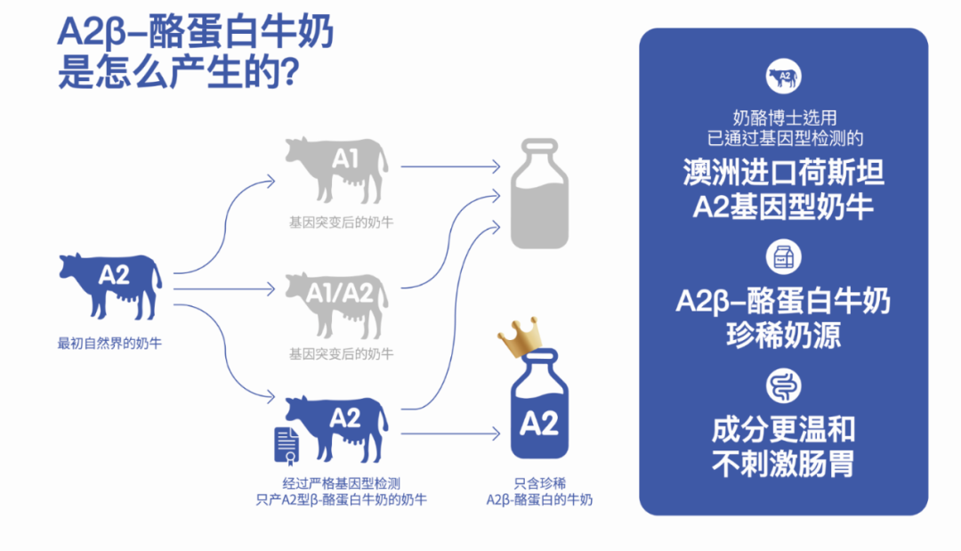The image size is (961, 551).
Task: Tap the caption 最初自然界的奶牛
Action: coord(109,343)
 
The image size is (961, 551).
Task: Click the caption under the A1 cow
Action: coord(340,223)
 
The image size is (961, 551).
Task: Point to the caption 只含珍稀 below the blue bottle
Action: coord(539,482)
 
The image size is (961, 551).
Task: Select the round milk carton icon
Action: coord(783,256)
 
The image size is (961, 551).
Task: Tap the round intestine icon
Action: coord(783,386)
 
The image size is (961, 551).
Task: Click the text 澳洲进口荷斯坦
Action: coord(783,172)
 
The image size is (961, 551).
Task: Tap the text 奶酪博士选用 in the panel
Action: coord(783,117)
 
